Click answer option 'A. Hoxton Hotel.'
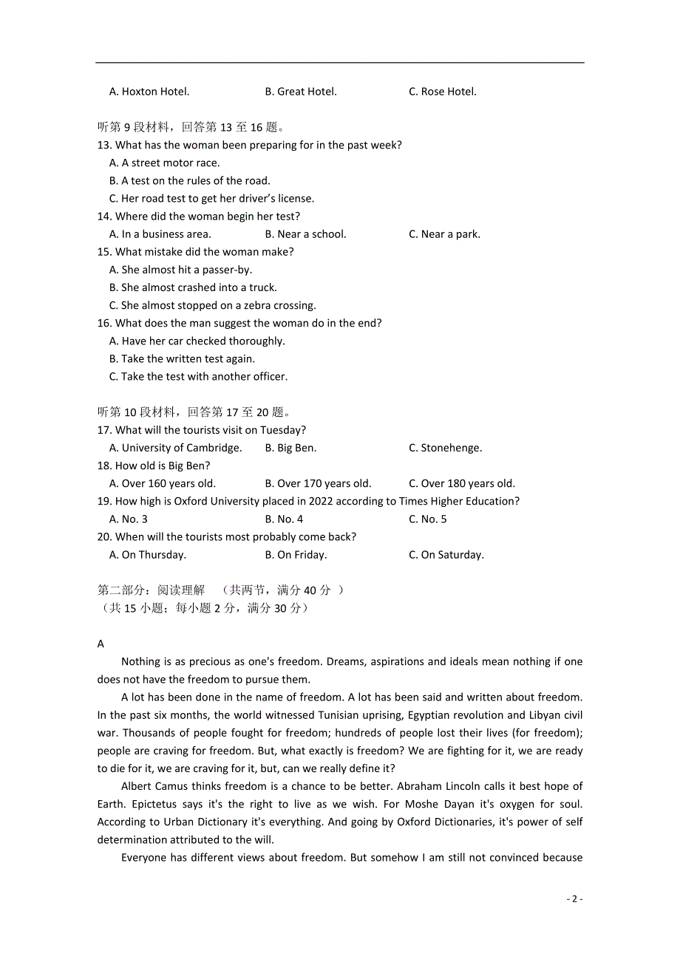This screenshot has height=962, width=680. pyautogui.click(x=149, y=92)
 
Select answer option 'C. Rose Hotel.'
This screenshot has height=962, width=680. pyautogui.click(x=442, y=92)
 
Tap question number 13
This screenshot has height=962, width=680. pyautogui.click(x=104, y=146)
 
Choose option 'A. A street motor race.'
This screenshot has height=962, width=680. pyautogui.click(x=164, y=163)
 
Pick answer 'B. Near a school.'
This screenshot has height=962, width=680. pyautogui.click(x=305, y=234)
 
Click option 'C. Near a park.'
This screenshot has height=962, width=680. pyautogui.click(x=444, y=234)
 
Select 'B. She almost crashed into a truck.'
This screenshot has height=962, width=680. pyautogui.click(x=193, y=287)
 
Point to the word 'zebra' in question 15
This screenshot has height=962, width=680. pyautogui.click(x=235, y=305)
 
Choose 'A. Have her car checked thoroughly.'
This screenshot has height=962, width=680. pyautogui.click(x=197, y=341)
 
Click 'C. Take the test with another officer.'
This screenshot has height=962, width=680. pyautogui.click(x=198, y=377)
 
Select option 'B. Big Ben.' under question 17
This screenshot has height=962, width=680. pyautogui.click(x=290, y=448)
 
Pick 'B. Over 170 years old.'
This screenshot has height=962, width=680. pyautogui.click(x=318, y=484)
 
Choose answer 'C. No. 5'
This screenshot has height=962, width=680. pyautogui.click(x=427, y=519)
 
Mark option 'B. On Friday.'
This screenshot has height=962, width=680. pyautogui.click(x=296, y=555)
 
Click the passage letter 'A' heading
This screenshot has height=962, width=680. pyautogui.click(x=101, y=644)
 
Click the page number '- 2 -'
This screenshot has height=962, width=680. pyautogui.click(x=574, y=899)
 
